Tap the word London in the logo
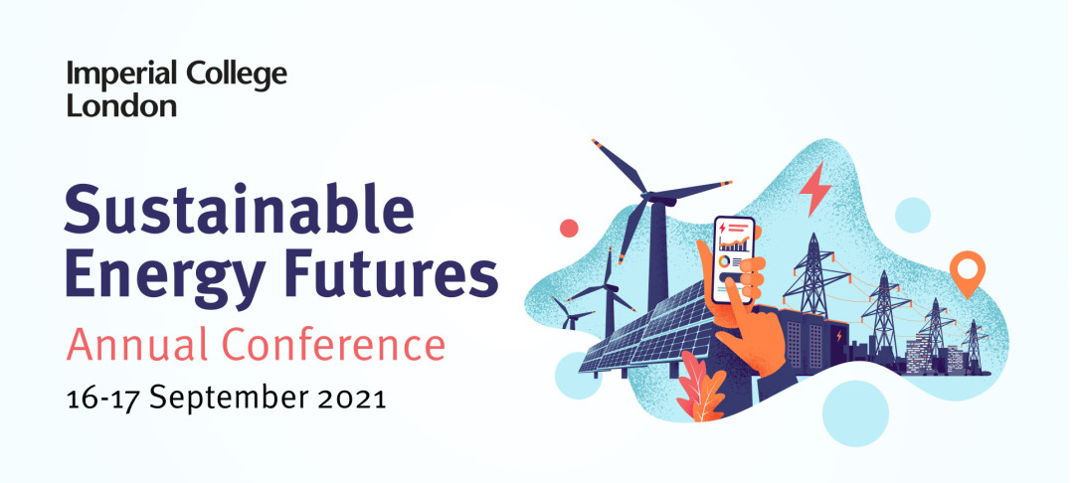(x=122, y=105)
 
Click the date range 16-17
(x=103, y=398)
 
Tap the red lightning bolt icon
(x=815, y=189)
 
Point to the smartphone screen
(x=734, y=259)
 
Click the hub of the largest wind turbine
(x=650, y=198)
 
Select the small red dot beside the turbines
(x=569, y=229)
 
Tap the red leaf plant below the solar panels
(x=699, y=387)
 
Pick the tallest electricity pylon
(x=814, y=275)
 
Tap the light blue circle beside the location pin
(x=913, y=215)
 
